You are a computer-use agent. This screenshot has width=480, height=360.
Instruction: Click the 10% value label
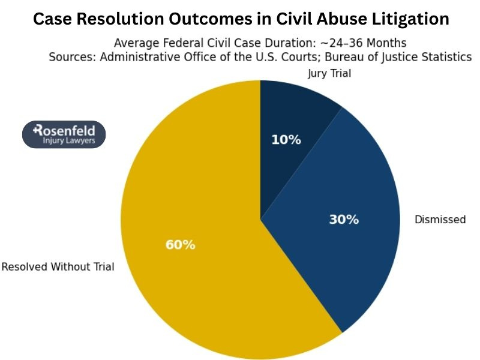(286, 140)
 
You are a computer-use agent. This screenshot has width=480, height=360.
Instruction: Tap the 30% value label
(344, 220)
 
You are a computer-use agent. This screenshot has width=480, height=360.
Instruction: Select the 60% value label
(180, 245)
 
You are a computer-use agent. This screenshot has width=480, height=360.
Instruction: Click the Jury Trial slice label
(329, 74)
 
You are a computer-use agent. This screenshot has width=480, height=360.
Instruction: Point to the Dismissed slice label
(440, 220)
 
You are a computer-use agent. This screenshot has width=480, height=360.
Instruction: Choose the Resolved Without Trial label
(58, 267)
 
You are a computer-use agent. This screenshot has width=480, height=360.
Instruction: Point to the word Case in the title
(52, 19)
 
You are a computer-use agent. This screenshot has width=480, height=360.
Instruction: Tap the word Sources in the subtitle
(70, 57)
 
